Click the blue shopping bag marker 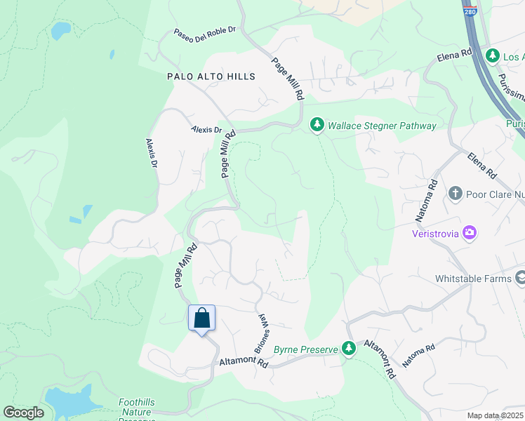click(201, 319)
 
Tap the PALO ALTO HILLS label click(211, 76)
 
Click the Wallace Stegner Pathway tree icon click(317, 125)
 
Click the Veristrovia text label click(436, 232)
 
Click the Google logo click(23, 413)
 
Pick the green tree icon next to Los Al click(493, 55)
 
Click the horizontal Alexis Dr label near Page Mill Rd click(206, 130)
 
